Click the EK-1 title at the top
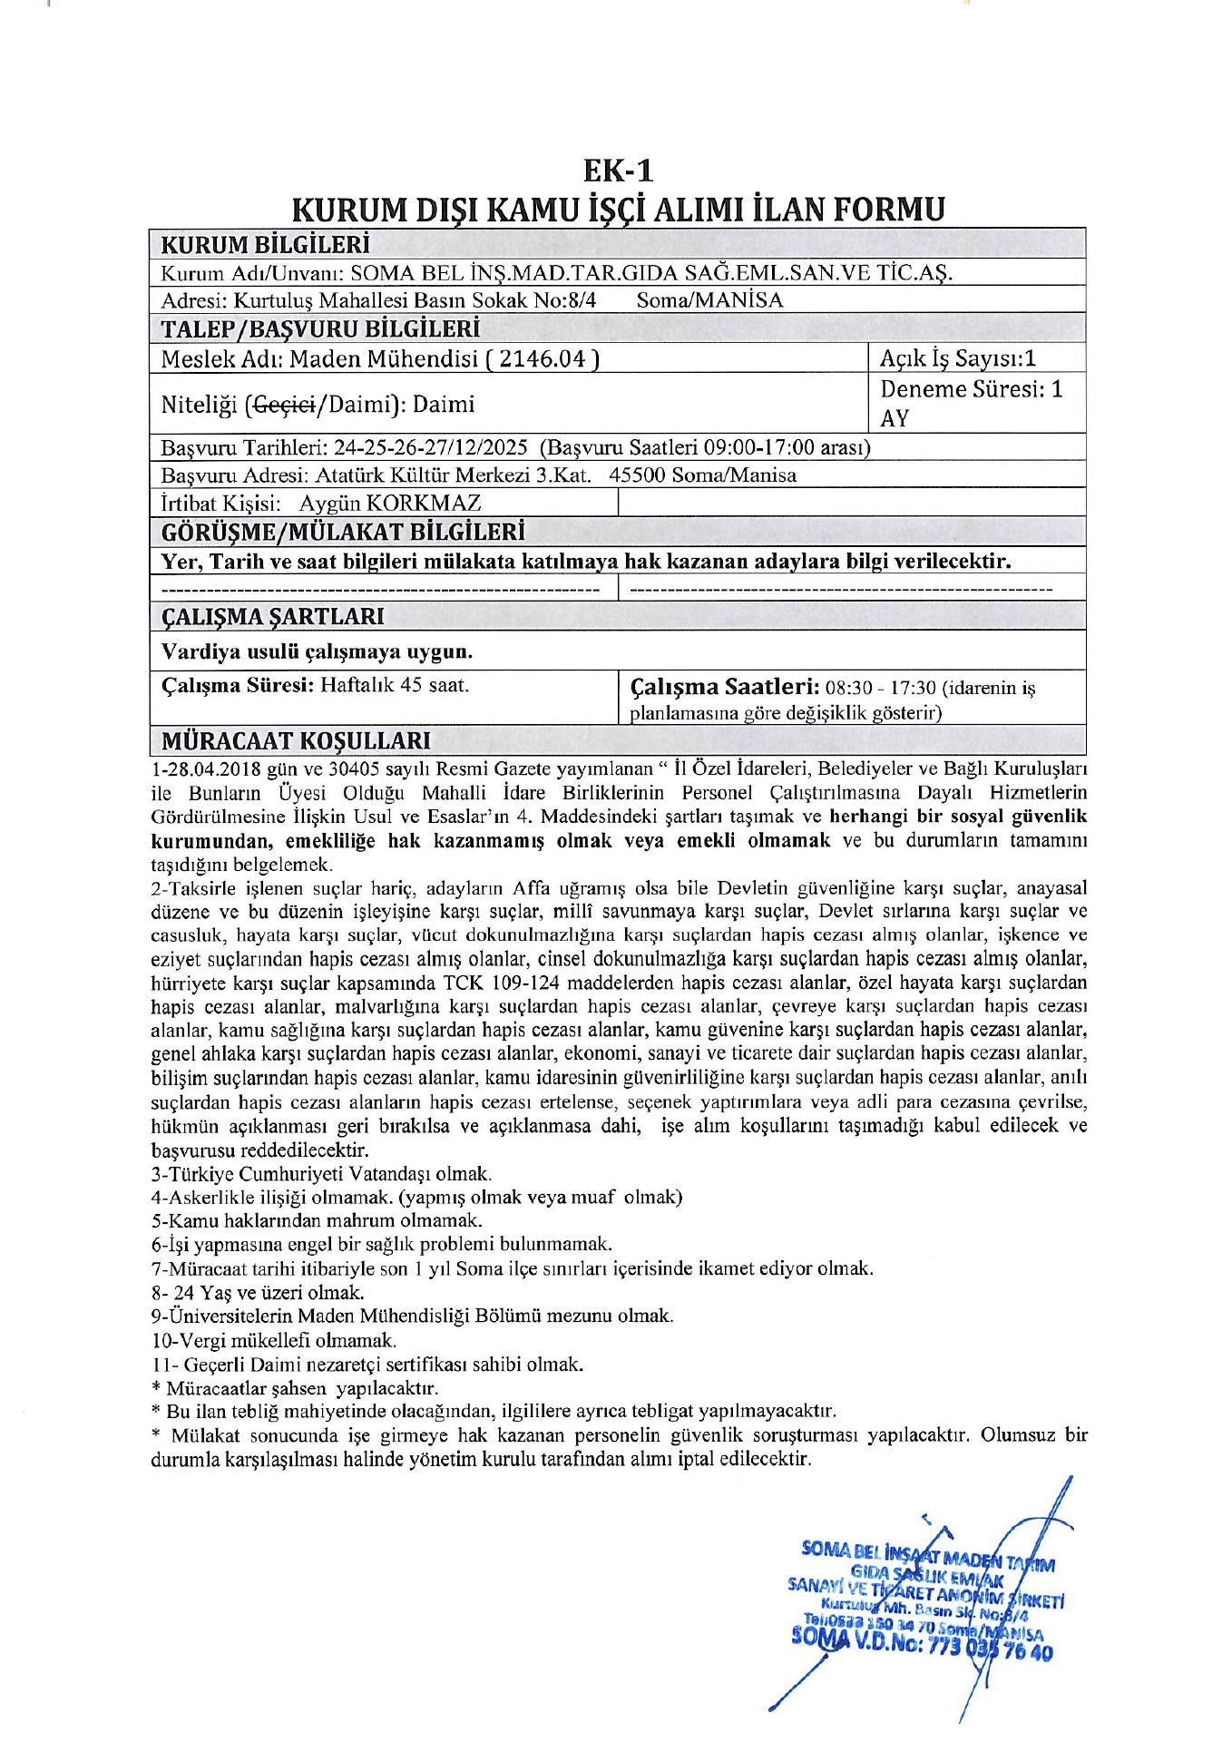617,171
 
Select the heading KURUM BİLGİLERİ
265,245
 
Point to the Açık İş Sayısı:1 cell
957,358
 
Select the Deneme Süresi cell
971,403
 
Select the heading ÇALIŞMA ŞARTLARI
272,617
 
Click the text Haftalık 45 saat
395,685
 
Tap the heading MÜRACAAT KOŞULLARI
296,741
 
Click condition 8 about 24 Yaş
259,1292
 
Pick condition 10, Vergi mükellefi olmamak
274,1340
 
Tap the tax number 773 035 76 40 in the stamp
991,1651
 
